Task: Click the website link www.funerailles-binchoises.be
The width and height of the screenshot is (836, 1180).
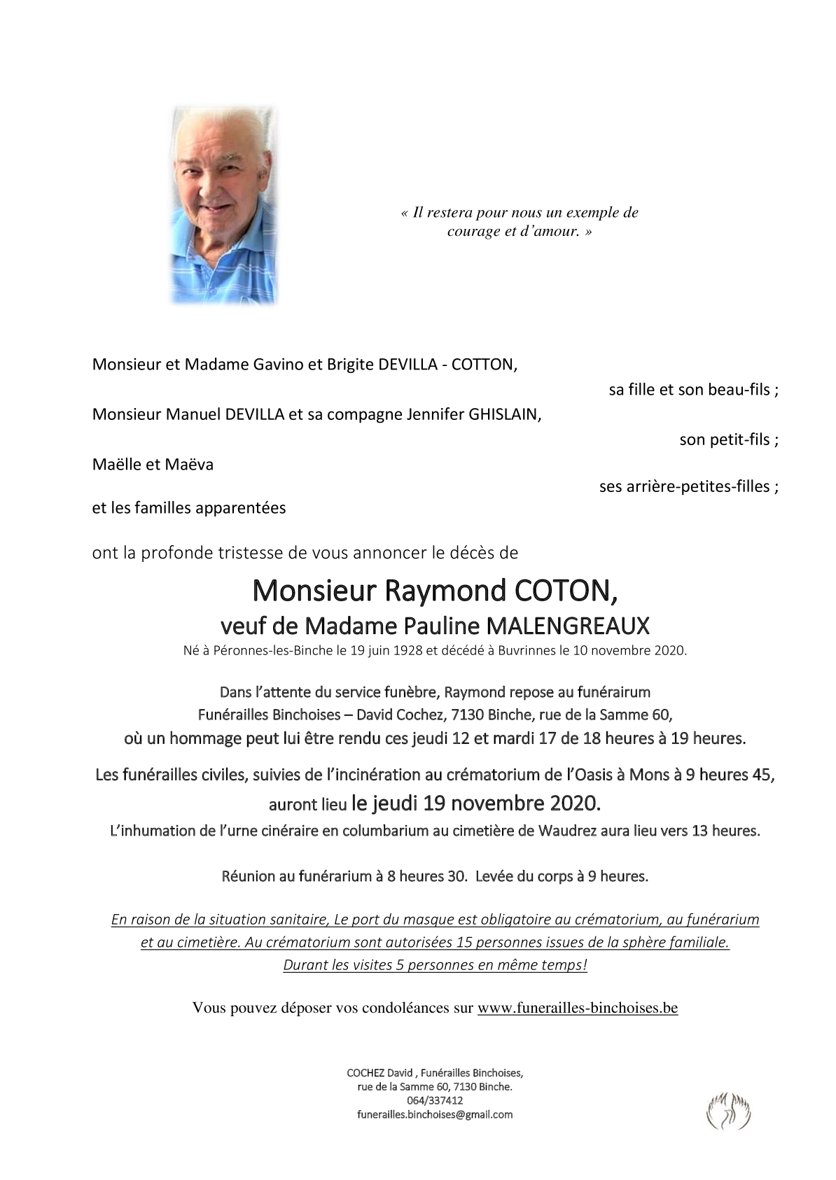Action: [x=578, y=1008]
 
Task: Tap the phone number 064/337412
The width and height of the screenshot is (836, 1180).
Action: [x=435, y=1101]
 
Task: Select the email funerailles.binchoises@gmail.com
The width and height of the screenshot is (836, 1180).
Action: [x=435, y=1114]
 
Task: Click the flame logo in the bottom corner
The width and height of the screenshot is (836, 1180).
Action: [x=728, y=1111]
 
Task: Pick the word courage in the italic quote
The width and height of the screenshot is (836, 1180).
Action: [x=473, y=231]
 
